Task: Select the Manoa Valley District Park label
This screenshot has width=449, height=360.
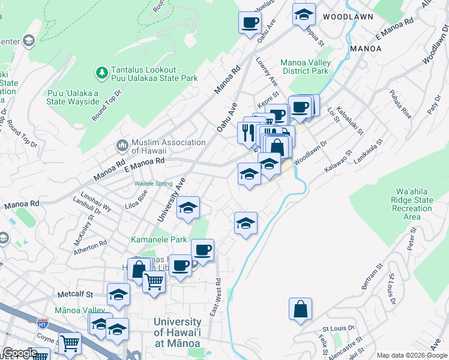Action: tap(305, 67)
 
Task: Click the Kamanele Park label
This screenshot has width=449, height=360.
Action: tap(159, 239)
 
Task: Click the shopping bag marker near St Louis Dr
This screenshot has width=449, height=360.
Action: tap(300, 310)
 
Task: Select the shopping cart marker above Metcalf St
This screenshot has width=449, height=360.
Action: tap(154, 280)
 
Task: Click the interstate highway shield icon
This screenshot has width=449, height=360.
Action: tap(42, 323)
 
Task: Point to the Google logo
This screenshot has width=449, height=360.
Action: tap(20, 353)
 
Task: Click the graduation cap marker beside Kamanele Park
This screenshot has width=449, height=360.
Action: tap(188, 208)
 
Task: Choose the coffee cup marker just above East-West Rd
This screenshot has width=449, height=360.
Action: tap(202, 250)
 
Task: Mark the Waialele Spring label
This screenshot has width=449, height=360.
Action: tap(153, 184)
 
